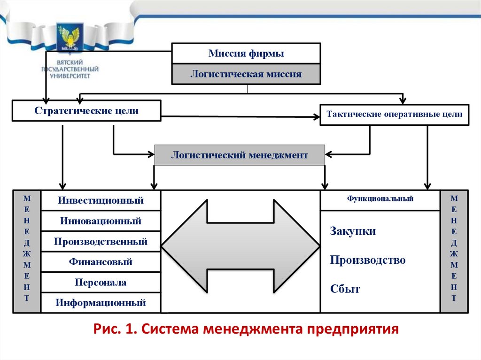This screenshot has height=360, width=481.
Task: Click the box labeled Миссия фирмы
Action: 246,54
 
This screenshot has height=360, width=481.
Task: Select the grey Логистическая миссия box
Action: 246,74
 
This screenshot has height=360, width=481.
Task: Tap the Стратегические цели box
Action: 86,111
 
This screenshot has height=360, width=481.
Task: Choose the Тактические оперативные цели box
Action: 394,114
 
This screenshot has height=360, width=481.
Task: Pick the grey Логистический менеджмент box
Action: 240,155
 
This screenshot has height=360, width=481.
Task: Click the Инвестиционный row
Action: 101,200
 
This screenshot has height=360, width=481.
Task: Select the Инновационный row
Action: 101,221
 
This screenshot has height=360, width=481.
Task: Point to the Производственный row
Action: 101,242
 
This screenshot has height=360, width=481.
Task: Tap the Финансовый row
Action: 101,262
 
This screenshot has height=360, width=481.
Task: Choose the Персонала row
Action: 101,283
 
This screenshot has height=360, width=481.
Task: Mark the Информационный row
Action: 101,303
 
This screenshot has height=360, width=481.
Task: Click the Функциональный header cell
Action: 380,199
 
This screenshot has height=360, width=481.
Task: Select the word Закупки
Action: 353,231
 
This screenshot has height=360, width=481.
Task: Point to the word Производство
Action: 367,260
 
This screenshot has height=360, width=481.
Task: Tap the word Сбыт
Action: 345,289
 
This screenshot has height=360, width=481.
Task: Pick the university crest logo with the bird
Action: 70,38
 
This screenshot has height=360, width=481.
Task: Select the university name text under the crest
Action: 70,68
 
